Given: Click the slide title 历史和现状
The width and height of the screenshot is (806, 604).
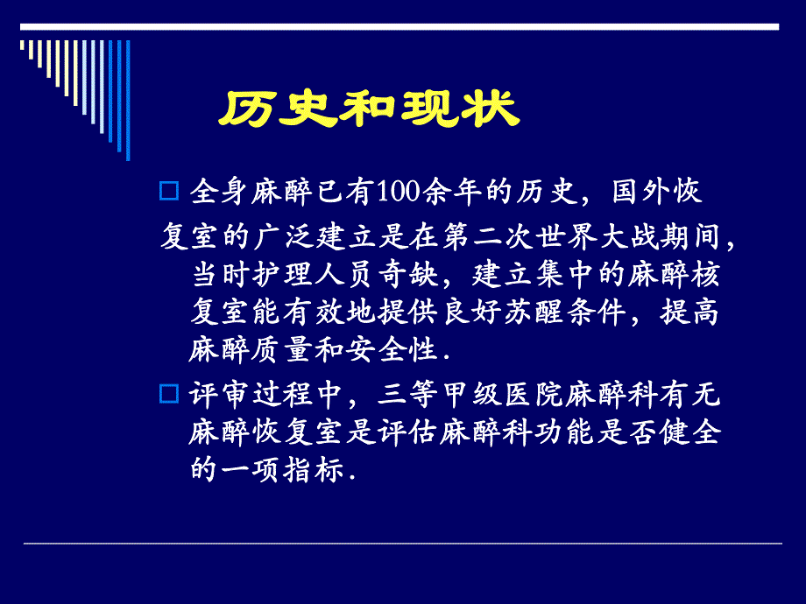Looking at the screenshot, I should click(369, 111).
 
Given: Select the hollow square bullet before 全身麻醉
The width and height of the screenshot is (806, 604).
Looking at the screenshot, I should click(170, 191).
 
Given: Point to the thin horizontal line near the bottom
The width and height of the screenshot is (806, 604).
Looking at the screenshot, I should click(402, 544).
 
